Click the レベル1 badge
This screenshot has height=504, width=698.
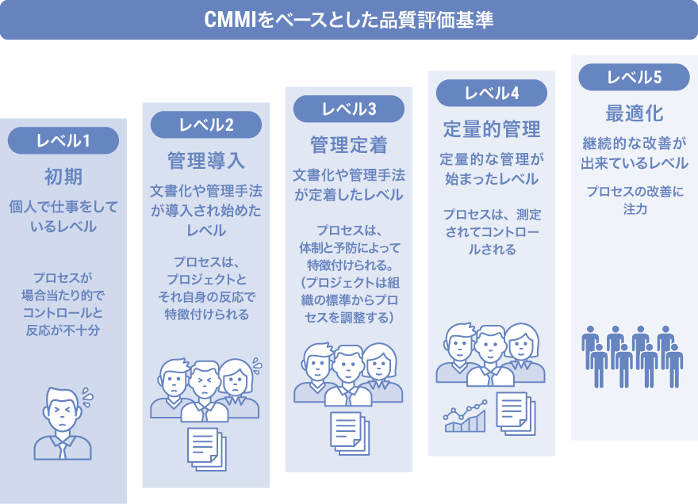point(63,141)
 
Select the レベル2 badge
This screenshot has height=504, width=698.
point(206,124)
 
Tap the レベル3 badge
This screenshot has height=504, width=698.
point(349,109)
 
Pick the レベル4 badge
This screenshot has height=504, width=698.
point(492,93)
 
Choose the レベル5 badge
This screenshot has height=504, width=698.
point(635,77)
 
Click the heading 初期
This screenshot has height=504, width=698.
point(63,176)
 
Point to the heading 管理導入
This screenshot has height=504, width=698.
point(206,161)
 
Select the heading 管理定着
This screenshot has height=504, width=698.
point(349,145)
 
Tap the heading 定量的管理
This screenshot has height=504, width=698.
point(492,128)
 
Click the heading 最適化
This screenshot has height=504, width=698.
point(635,113)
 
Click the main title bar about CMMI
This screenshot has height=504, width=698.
point(349,19)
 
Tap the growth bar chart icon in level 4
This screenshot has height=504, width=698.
point(465,417)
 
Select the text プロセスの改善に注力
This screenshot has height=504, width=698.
point(635,200)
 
